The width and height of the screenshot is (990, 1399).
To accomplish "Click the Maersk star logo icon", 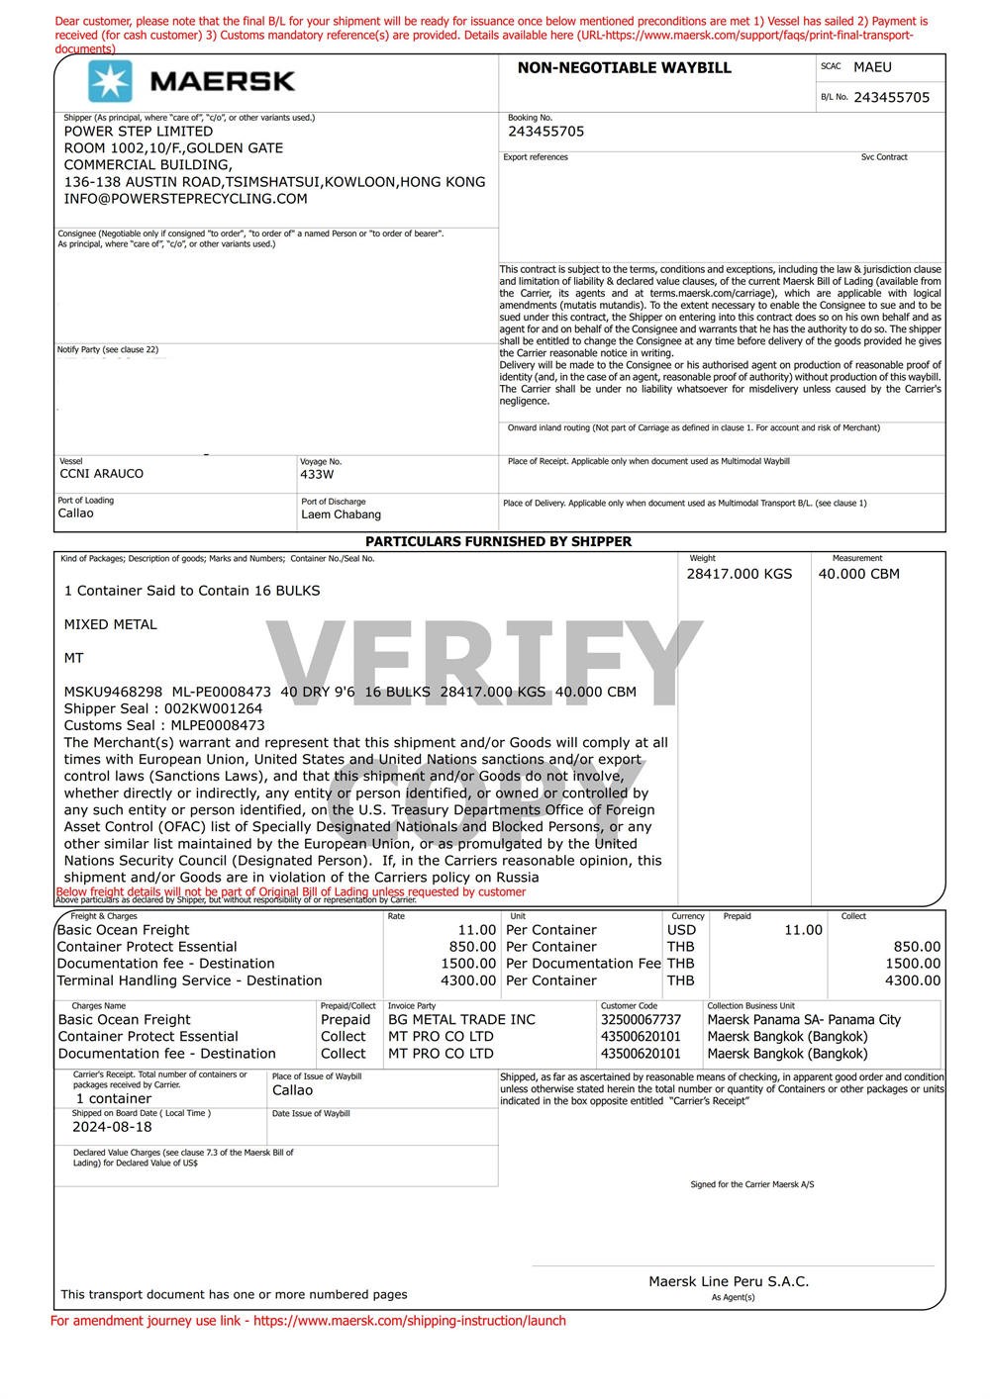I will click(109, 81).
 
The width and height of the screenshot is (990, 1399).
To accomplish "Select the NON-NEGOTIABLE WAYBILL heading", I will click(624, 67).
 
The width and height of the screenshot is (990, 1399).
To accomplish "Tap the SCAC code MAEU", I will click(872, 67).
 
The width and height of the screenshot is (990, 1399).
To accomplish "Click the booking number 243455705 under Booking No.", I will click(545, 132).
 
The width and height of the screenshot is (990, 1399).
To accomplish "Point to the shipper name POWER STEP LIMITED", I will click(139, 132).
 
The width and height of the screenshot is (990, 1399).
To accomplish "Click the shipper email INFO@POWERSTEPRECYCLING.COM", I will click(185, 199).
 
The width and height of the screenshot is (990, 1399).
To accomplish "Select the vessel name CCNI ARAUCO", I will click(101, 474).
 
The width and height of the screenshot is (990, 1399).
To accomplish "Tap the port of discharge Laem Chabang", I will click(341, 514).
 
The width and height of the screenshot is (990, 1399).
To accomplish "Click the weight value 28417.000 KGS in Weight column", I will click(739, 574).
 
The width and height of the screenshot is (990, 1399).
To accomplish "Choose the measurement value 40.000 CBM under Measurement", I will click(858, 574).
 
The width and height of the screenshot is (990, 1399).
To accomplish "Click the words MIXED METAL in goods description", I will click(110, 624).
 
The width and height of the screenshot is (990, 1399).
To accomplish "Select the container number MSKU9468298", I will click(113, 692).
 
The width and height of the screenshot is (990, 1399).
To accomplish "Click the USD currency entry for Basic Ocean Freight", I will click(681, 930).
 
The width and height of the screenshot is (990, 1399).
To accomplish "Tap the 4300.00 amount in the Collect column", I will click(912, 980).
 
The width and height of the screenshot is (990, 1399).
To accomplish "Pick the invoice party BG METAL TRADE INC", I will click(461, 1020).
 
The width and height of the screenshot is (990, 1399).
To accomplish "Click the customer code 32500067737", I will click(641, 1020).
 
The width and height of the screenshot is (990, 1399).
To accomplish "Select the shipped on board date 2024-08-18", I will click(112, 1127).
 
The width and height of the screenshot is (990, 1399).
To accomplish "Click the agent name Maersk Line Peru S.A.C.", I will click(729, 1281).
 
